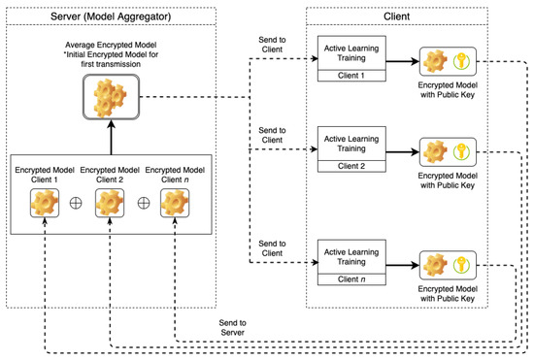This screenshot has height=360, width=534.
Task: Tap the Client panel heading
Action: click(417, 17)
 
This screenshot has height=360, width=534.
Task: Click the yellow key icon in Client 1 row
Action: click(463, 61)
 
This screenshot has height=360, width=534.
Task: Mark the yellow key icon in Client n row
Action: click(463, 265)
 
